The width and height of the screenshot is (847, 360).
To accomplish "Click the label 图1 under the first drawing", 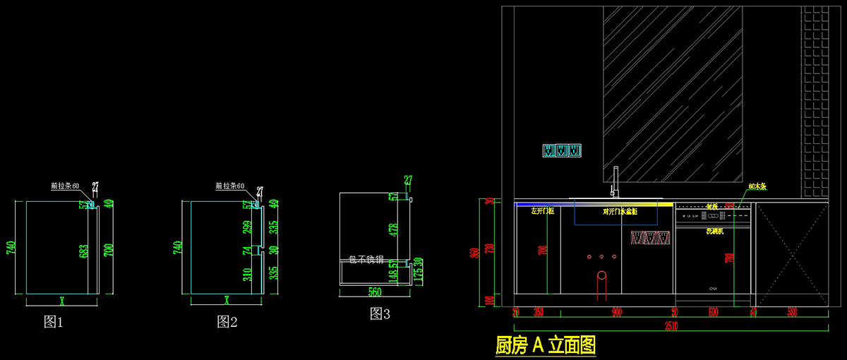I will tap(54, 322).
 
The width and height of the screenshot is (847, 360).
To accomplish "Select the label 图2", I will tap(227, 322).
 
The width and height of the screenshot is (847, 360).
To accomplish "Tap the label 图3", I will tap(380, 314).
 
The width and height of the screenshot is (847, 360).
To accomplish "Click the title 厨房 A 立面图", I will tap(546, 345).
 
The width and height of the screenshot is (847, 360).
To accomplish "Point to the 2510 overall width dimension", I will tap(671, 326).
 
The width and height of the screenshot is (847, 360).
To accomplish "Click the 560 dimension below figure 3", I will tap(374, 292).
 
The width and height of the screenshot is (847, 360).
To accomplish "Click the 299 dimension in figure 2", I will tap(248, 227).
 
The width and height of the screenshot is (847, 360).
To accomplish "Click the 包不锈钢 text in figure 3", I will tap(366, 260).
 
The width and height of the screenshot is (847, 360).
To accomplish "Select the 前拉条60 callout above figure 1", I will tap(64, 186).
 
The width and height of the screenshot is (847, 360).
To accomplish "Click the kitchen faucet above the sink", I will tap(614, 182).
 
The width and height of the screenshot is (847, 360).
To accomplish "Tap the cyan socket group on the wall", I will tap(562, 150).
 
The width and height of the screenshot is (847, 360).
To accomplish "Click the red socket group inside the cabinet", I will tap(649, 238).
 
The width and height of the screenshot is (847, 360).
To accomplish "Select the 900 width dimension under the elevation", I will tap(616, 311).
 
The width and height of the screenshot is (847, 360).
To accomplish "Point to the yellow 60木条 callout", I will tap(757, 186).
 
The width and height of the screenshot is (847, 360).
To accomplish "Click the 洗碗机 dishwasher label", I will tap(714, 231).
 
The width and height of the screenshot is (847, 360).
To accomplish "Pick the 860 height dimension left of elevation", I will tap(474, 253).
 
